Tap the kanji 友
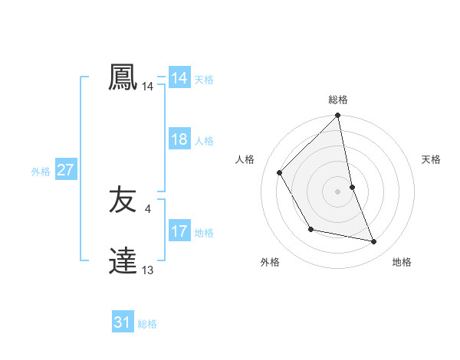click(123, 201)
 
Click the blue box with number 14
click(179, 78)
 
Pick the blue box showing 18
click(179, 139)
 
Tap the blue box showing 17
click(179, 231)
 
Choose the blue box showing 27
click(65, 170)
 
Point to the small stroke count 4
click(147, 208)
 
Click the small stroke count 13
click(148, 270)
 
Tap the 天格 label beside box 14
click(204, 79)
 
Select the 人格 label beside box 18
click(204, 141)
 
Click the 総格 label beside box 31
click(147, 324)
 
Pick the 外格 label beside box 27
click(41, 172)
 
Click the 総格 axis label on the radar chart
click(338, 100)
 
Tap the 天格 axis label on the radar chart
click(431, 159)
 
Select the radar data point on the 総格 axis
click(338, 116)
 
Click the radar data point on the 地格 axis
click(374, 242)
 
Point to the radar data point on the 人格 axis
click(280, 172)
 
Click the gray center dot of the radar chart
click(338, 191)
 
